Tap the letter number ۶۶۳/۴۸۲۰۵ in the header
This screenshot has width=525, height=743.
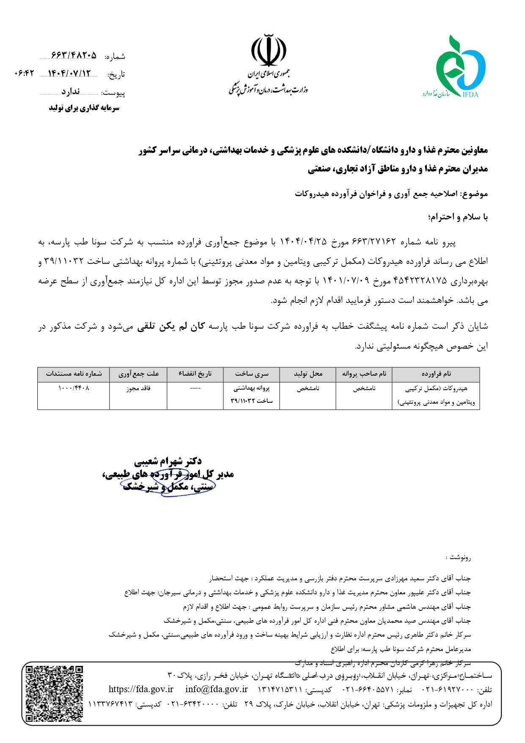74,55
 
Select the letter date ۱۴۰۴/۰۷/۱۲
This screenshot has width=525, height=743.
69,74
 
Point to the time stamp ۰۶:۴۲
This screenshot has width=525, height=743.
24,74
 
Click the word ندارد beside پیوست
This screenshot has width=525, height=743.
70,92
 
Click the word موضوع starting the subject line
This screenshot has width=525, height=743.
475,194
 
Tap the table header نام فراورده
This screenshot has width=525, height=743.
436,374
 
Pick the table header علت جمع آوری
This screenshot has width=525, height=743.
138,374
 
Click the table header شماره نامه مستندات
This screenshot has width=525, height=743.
74,374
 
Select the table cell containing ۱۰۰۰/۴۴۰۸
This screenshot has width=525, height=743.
74,388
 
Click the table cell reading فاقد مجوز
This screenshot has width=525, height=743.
138,388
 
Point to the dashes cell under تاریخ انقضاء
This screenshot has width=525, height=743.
195,388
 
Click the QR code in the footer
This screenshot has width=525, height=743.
54,693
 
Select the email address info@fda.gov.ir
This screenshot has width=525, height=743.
216,689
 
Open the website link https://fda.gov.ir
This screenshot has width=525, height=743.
141,689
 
